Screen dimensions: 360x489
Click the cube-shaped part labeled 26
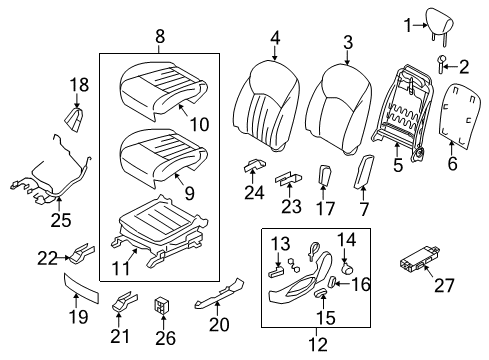coord(162,302)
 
